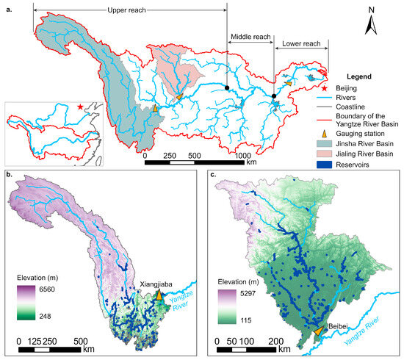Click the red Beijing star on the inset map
click(80, 108)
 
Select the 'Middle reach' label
click(250, 35)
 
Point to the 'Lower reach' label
click(302, 45)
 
